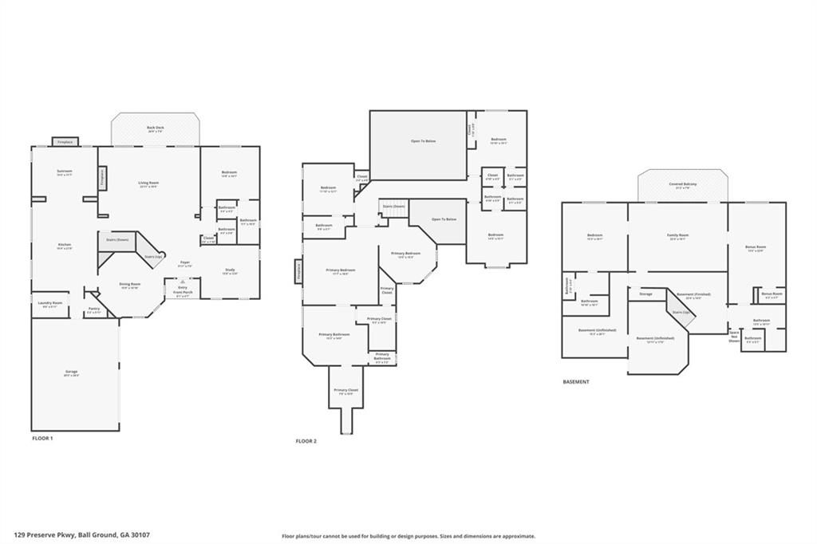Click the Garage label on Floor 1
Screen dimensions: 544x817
tap(72, 373)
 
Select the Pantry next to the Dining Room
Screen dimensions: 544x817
tap(94, 310)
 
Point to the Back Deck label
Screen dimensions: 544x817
tap(155, 129)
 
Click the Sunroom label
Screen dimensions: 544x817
tap(64, 172)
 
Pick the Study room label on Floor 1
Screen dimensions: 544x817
tap(230, 271)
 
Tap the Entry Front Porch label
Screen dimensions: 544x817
tap(183, 290)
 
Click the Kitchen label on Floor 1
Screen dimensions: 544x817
tap(64, 246)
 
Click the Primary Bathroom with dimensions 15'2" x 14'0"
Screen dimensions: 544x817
tap(334, 336)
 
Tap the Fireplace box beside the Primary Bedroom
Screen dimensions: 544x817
tap(298, 272)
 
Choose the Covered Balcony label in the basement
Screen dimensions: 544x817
tap(682, 185)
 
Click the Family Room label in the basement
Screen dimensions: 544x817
tap(677, 237)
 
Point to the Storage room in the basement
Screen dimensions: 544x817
tap(645, 294)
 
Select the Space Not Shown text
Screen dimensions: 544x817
tap(734, 336)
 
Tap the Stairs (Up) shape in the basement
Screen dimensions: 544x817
tap(683, 313)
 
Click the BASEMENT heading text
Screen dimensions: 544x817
tap(576, 382)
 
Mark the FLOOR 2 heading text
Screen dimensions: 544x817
tap(306, 441)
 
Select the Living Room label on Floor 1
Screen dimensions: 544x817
tap(149, 183)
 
